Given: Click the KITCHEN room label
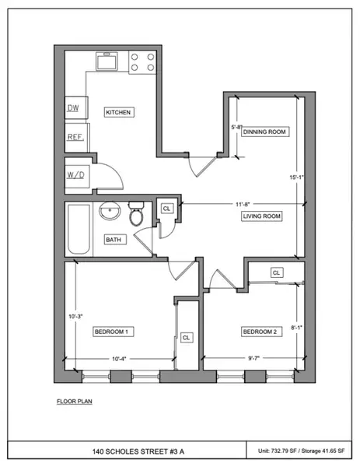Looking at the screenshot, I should tap(120, 113).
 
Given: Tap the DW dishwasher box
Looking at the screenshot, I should tap(75, 108).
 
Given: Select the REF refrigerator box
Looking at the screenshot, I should tap(75, 137).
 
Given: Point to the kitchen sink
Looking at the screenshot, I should tap(107, 60).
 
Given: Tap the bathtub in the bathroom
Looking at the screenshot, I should tap(78, 230).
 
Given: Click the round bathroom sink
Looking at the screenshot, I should tap(109, 212).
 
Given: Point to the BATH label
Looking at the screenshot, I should tap(112, 241).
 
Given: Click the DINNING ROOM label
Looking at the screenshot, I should tap(265, 132).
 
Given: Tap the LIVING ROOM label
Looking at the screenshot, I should tap(261, 216).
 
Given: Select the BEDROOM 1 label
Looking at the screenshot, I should tap(110, 332).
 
